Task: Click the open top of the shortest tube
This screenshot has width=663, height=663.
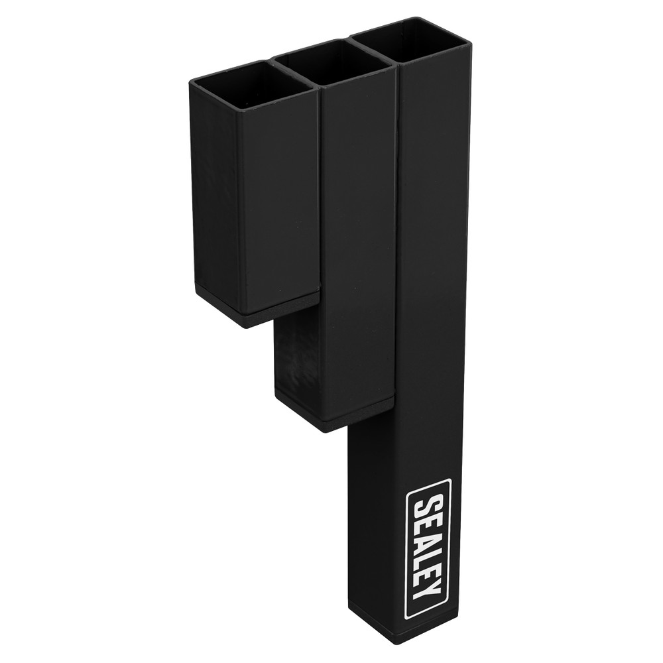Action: click(251, 86)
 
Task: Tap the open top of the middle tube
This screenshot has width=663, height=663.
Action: click(334, 64)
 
